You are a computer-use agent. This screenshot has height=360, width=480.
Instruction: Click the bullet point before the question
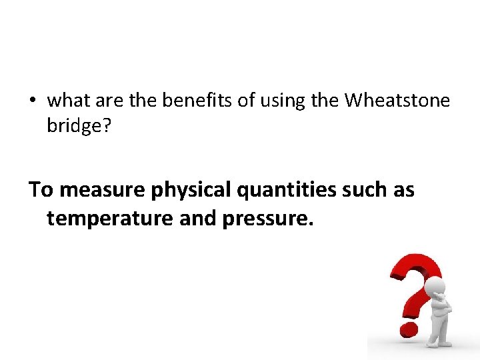tap(32, 101)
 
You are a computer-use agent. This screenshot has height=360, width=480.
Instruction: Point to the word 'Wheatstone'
tap(397, 101)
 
